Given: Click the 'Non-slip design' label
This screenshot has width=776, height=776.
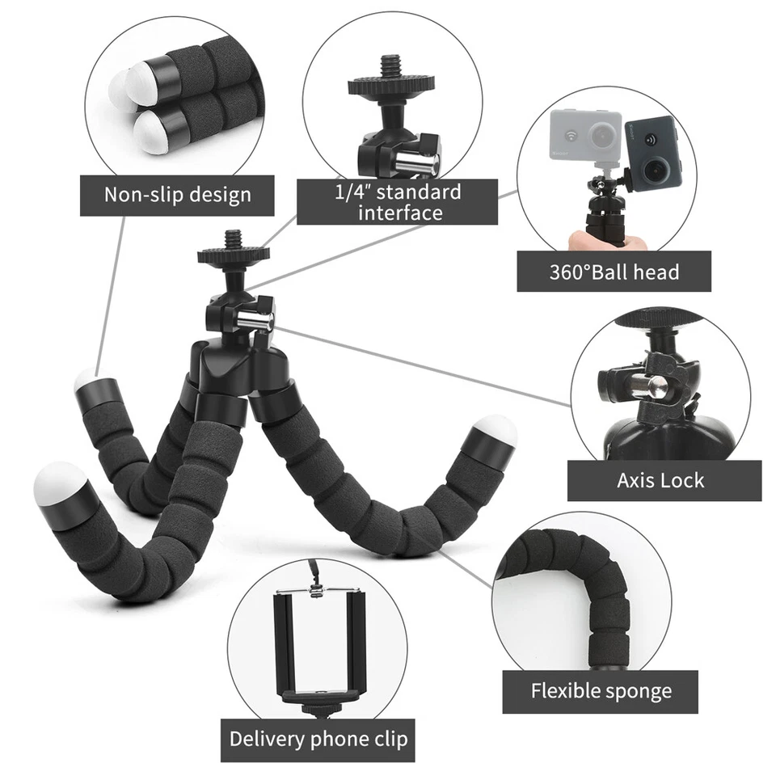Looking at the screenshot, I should tap(177, 195).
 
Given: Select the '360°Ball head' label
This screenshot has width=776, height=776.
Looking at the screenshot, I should tap(614, 272).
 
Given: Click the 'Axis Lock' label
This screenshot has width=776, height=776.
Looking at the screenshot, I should tap(661, 480).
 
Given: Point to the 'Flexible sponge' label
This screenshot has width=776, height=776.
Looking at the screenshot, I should tap(601, 691).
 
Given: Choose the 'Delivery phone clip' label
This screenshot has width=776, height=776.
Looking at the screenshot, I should tap(318, 739).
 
